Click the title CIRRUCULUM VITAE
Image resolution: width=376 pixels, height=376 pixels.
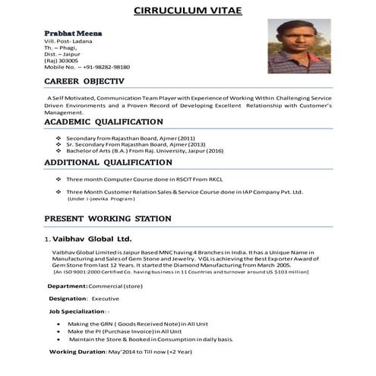188,10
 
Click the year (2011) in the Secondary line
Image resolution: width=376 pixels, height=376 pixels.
186,137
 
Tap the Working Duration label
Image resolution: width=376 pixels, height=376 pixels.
78,352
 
